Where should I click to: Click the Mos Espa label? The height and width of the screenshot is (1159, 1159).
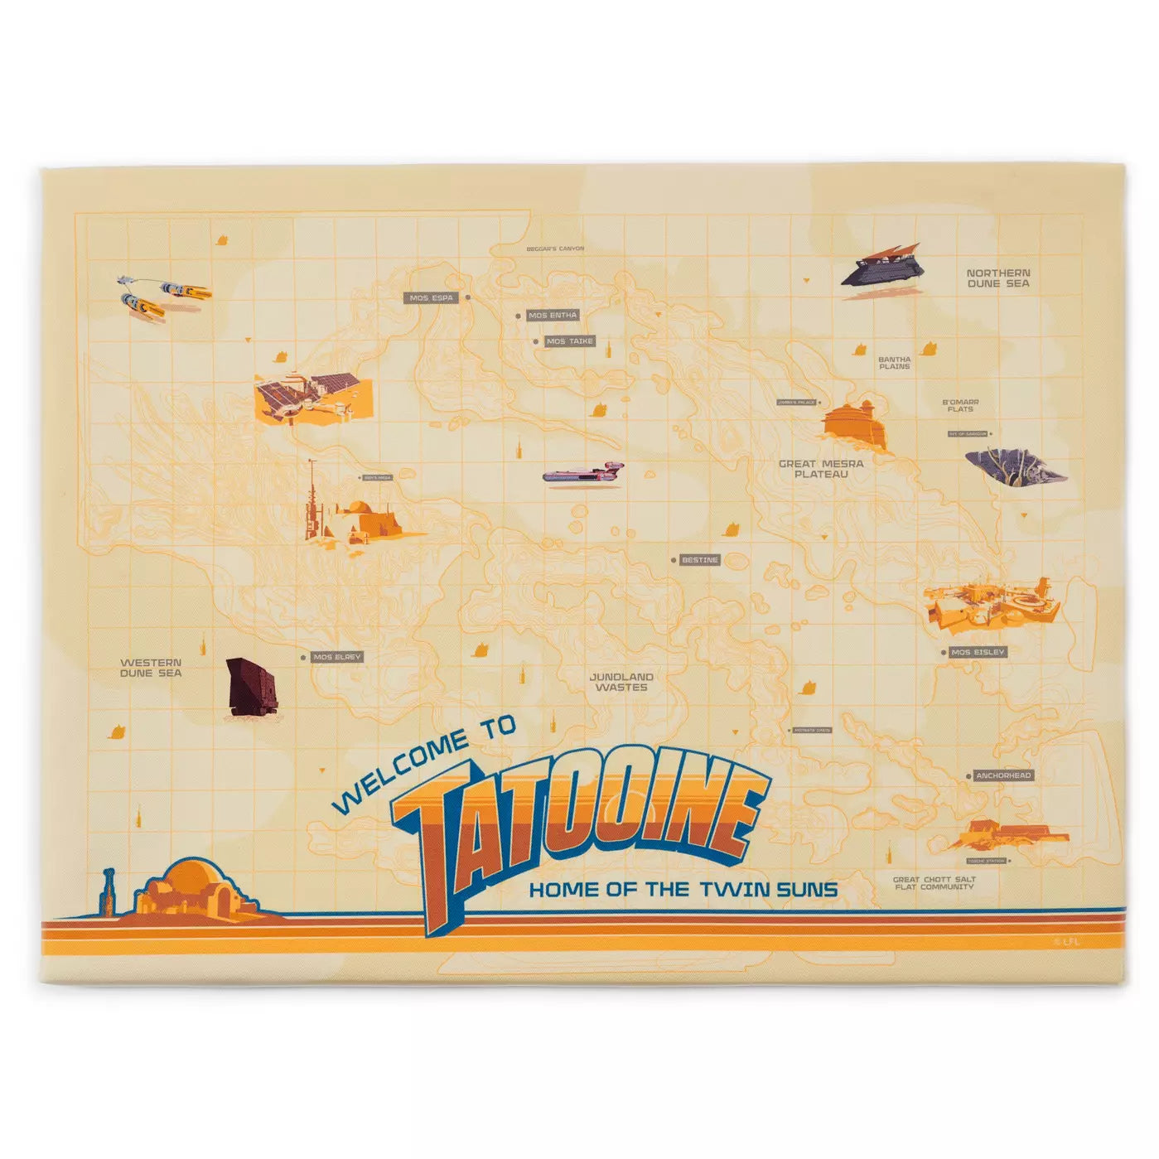[x=432, y=297]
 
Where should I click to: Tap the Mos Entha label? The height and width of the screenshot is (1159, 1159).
[x=553, y=316]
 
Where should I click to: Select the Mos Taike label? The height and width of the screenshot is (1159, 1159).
[x=570, y=341]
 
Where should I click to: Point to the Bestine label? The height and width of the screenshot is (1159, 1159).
[x=699, y=560]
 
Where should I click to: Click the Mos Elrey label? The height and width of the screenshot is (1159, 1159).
[x=337, y=657]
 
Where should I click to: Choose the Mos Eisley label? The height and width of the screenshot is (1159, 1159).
[x=978, y=652]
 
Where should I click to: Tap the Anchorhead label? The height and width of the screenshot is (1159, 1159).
[x=1002, y=775]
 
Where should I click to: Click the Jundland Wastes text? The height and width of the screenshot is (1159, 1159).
[x=621, y=682]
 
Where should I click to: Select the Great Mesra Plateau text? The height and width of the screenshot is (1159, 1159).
[x=820, y=469]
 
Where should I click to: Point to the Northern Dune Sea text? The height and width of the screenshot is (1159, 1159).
[x=998, y=278]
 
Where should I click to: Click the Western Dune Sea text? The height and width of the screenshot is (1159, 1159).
[x=151, y=668]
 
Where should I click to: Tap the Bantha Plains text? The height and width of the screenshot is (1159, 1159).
[x=894, y=363]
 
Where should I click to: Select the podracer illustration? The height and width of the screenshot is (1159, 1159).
[x=164, y=296]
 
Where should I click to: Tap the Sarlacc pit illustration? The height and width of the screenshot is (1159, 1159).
[x=1015, y=467]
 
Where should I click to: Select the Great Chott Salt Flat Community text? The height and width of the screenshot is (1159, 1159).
[x=934, y=883]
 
